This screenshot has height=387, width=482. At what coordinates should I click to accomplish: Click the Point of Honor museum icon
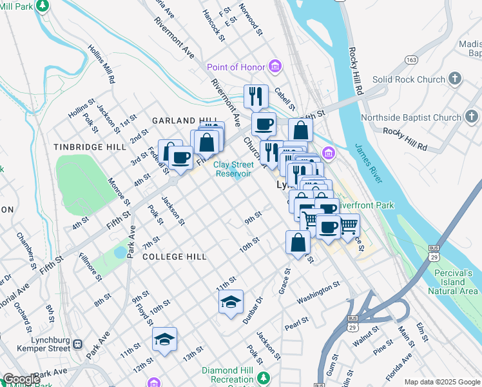click(x=276, y=67)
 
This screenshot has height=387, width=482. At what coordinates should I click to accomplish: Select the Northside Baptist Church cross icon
click(x=472, y=117)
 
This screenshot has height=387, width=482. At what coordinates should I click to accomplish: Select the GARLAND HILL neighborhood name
click(x=182, y=121)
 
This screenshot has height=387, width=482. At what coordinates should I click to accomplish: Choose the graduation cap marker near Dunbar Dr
click(x=231, y=302)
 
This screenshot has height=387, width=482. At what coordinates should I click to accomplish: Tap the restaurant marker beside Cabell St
click(x=256, y=97)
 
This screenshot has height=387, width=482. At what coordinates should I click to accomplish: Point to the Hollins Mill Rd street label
click(x=101, y=65)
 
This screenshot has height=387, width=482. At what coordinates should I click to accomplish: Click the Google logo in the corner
click(x=21, y=379)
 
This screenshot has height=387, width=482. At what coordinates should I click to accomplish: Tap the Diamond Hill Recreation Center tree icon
click(x=263, y=376)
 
